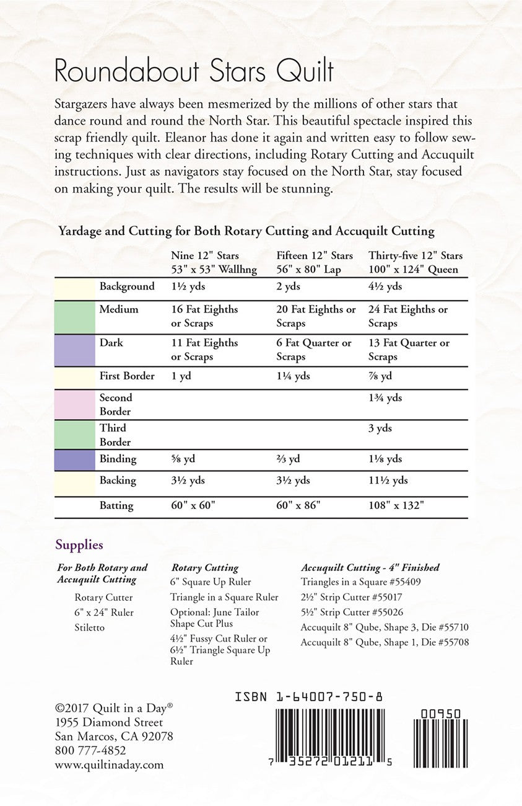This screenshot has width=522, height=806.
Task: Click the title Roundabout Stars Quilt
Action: [x=194, y=72]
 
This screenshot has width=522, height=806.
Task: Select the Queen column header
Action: [x=415, y=262]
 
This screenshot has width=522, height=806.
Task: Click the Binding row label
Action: [x=118, y=459]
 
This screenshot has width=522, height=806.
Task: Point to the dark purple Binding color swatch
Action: [x=74, y=459]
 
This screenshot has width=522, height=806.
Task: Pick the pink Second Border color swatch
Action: [x=74, y=404]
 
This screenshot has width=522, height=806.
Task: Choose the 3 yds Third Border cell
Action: [x=381, y=428]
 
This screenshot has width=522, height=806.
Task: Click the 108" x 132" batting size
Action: [x=396, y=505]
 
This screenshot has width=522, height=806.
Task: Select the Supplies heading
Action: [x=79, y=546]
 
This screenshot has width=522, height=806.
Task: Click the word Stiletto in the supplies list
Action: [x=90, y=627]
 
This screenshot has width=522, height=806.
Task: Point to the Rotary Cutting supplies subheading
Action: [x=204, y=567]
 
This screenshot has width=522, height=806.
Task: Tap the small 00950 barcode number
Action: [x=440, y=714]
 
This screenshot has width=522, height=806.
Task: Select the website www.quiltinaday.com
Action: [x=109, y=765]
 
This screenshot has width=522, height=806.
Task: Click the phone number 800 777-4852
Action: [x=90, y=751]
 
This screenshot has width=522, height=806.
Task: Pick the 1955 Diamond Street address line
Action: [x=109, y=722]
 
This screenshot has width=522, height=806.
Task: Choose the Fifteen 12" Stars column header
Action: [x=315, y=262]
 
